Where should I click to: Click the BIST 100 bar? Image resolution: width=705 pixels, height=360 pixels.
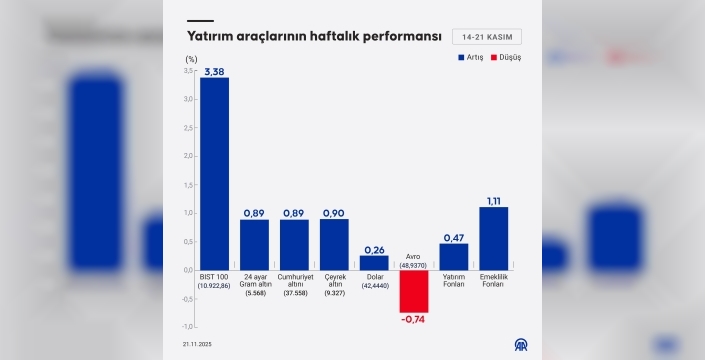(214, 173)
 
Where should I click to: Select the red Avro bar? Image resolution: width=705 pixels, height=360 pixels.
(414, 290)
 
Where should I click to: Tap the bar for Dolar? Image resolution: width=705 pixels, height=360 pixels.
(374, 262)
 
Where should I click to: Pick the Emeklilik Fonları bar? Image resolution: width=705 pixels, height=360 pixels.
(494, 238)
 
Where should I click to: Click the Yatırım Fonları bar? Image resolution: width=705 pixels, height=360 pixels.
(454, 256)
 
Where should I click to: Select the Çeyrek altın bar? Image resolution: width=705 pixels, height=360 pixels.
(334, 244)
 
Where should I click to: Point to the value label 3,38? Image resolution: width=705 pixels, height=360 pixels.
(214, 72)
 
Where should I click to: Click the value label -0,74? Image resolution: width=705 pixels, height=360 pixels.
(414, 319)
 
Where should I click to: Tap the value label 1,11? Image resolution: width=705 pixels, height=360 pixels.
(494, 201)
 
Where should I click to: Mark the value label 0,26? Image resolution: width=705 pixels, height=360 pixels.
(374, 249)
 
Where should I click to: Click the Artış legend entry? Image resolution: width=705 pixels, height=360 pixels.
(470, 58)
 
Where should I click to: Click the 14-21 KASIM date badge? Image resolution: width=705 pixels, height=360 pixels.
(486, 37)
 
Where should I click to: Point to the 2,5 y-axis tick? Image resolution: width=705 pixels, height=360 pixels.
(189, 128)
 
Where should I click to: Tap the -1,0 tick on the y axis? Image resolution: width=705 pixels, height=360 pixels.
(188, 326)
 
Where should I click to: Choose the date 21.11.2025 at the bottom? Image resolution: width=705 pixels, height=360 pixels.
(197, 344)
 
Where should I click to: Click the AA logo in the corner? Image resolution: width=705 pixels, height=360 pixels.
(520, 344)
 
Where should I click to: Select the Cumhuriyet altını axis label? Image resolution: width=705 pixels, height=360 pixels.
(294, 283)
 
